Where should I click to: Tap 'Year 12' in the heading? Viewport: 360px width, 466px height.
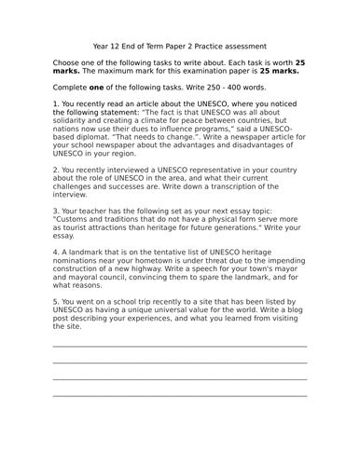point(108,44)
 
